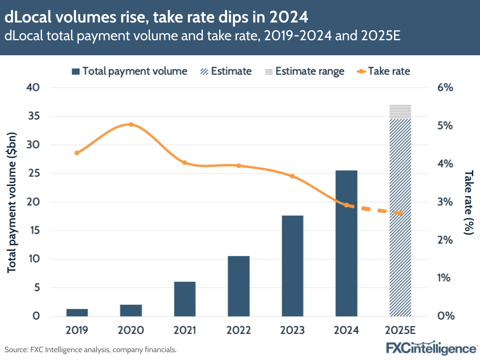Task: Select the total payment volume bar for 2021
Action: click(x=185, y=299)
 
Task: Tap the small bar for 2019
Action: click(x=77, y=312)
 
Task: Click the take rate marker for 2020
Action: click(x=131, y=124)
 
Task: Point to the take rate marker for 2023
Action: click(x=292, y=176)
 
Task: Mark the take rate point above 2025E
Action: click(x=400, y=213)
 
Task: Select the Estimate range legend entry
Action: click(x=305, y=72)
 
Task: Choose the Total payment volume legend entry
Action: click(x=129, y=72)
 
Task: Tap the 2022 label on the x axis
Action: click(x=239, y=331)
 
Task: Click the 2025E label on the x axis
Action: click(x=400, y=331)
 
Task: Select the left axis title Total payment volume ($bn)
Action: click(x=12, y=202)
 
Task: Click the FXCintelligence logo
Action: click(x=431, y=347)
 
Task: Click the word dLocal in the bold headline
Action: click(x=29, y=17)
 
